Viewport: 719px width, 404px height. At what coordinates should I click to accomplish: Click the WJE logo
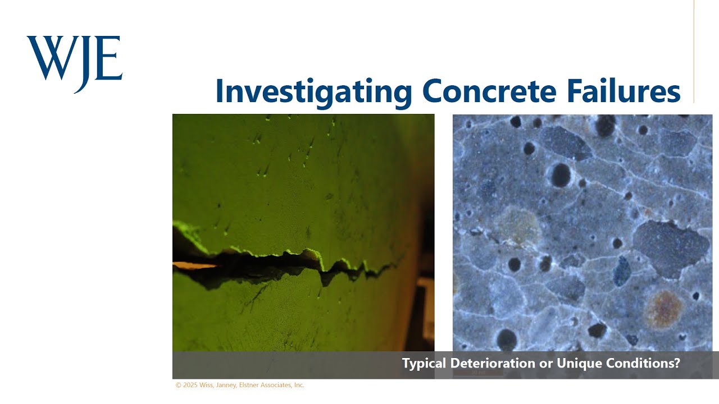[74, 62]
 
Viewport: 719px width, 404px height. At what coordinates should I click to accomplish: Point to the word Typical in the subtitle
[424, 364]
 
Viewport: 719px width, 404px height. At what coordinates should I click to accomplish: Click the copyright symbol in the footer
[179, 385]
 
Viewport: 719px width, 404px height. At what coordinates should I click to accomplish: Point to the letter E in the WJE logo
[111, 57]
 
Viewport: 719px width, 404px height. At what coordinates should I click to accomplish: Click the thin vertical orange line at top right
[694, 50]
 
